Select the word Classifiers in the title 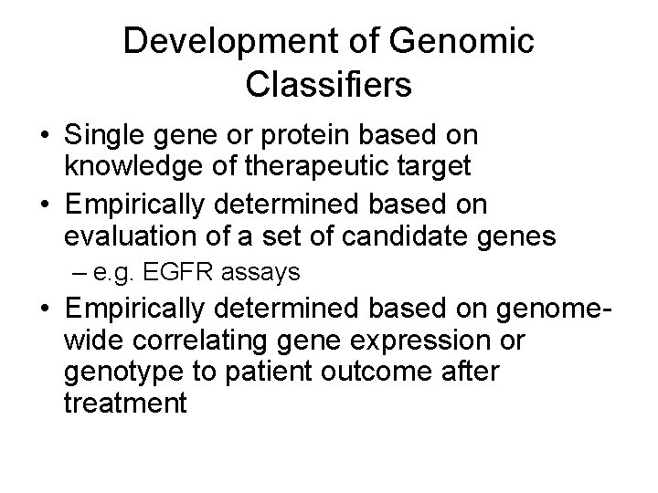tap(329, 85)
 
